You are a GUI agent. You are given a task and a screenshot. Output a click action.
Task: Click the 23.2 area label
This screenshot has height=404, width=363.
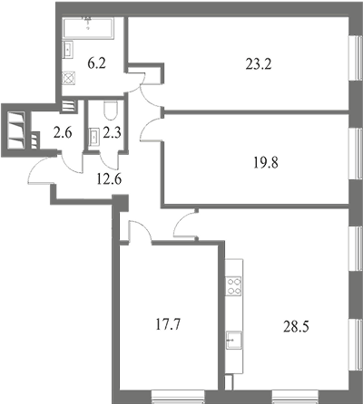point(259,64)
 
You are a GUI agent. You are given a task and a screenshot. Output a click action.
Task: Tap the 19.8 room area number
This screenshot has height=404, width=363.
point(265,162)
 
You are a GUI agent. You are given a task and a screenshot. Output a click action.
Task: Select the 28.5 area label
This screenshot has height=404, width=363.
point(296,326)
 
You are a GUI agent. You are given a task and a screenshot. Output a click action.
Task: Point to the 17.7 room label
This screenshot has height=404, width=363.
point(168,325)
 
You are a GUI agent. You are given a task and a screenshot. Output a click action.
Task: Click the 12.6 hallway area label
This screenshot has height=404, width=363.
point(109,179)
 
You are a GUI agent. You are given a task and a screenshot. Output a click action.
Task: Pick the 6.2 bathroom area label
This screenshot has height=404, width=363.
point(96,64)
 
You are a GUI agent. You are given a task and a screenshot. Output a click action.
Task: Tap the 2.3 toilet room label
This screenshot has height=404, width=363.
point(113,132)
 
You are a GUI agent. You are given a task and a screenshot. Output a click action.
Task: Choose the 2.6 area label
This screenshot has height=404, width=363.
point(63,132)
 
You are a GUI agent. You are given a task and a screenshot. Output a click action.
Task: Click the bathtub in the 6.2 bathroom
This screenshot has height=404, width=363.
point(88,28)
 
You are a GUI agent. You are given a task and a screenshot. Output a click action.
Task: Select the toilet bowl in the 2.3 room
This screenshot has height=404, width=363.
point(110,111)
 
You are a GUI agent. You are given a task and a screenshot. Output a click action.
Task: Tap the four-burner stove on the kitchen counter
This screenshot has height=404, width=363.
point(234,286)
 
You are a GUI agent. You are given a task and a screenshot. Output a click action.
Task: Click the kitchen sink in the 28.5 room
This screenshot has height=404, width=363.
point(234,340)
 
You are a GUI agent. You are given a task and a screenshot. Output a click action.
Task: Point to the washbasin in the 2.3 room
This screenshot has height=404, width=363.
point(94,138)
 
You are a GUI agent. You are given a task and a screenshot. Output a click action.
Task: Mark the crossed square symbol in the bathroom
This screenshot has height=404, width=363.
point(69,78)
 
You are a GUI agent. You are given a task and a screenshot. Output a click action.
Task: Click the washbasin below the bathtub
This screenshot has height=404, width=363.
point(68,49)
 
